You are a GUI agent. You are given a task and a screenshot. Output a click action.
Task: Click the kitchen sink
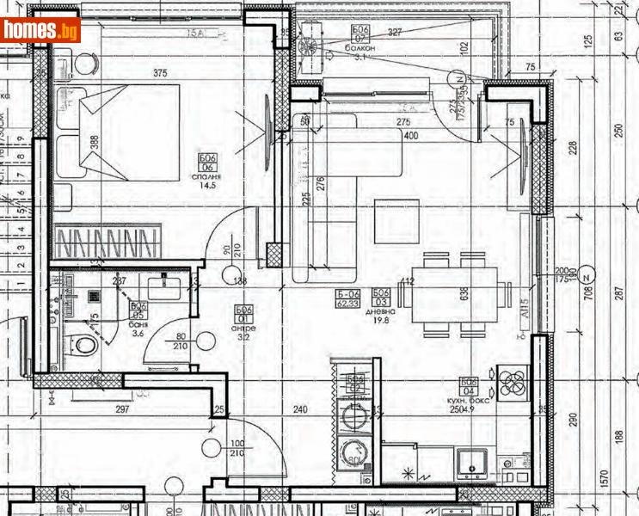pyautogui.click(x=472, y=464)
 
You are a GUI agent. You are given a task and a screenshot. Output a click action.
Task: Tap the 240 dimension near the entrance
pyautogui.click(x=300, y=409)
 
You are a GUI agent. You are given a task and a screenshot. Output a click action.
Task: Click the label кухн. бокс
pyautogui.click(x=470, y=402)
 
